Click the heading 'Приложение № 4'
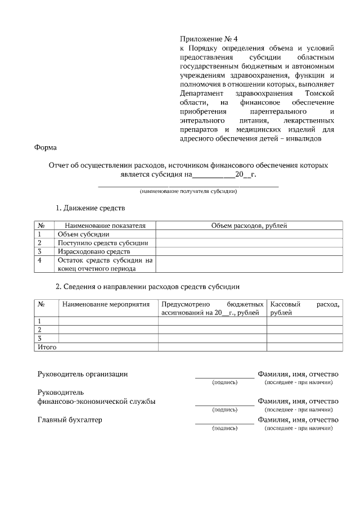(209, 39)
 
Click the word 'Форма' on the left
(46, 148)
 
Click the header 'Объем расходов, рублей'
(249, 226)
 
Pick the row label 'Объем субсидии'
(83, 235)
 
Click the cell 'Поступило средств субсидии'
(103, 243)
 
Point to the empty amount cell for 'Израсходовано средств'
(249, 251)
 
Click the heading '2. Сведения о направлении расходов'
(147, 287)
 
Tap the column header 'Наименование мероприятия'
(106, 304)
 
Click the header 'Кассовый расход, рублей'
(304, 308)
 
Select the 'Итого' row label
(47, 347)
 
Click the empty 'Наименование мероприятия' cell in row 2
(108, 330)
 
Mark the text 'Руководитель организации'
(83, 373)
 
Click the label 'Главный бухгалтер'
(70, 420)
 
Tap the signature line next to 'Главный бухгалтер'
(224, 423)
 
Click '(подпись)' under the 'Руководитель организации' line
(224, 382)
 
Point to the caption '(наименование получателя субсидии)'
(188, 192)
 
